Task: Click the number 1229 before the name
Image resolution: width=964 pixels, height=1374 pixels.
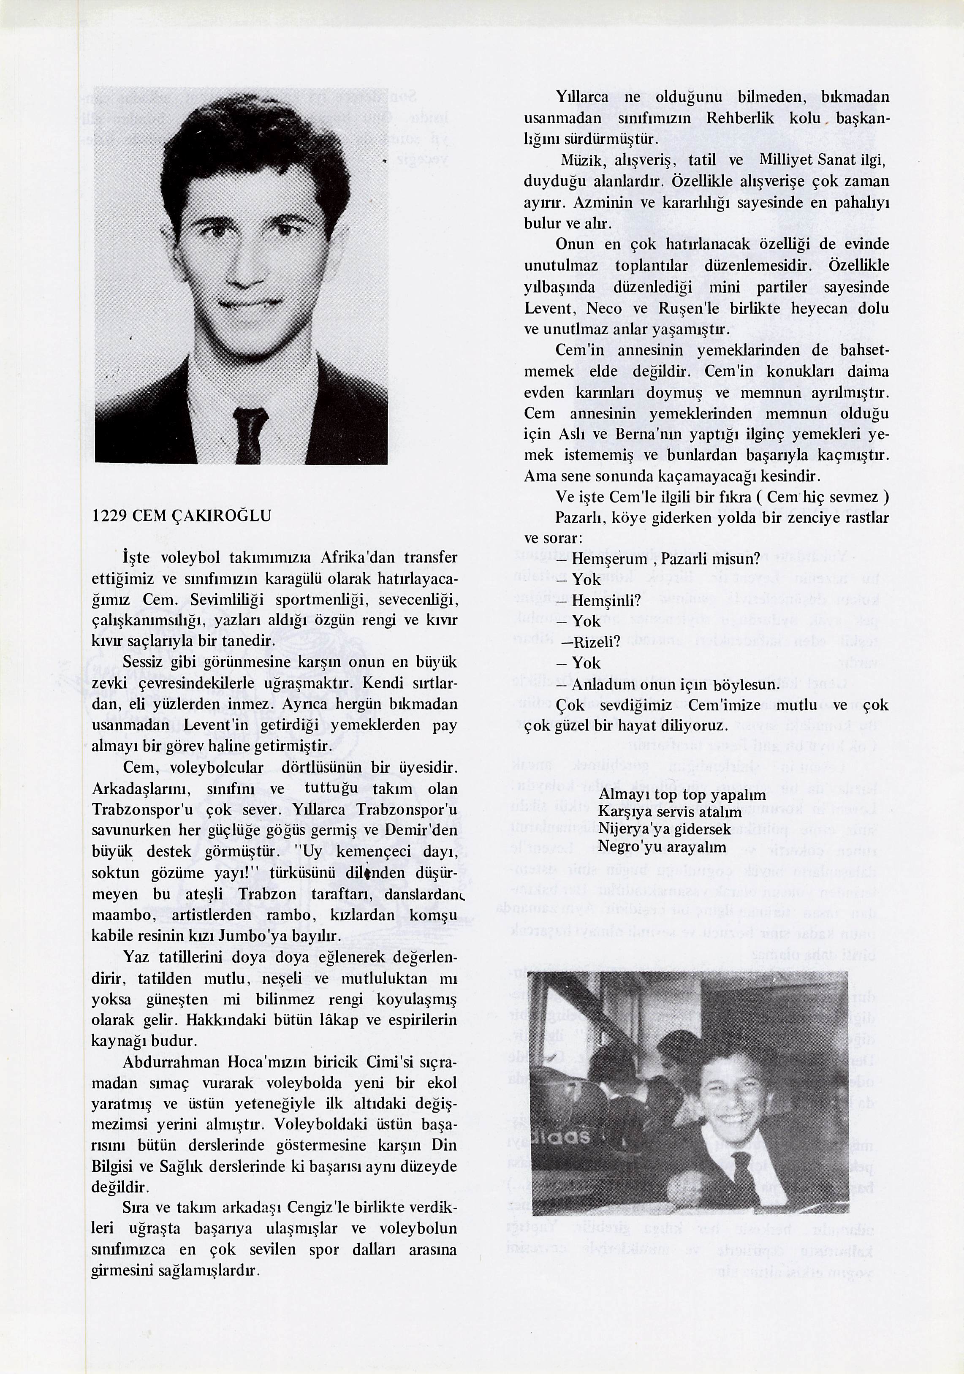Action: (109, 516)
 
